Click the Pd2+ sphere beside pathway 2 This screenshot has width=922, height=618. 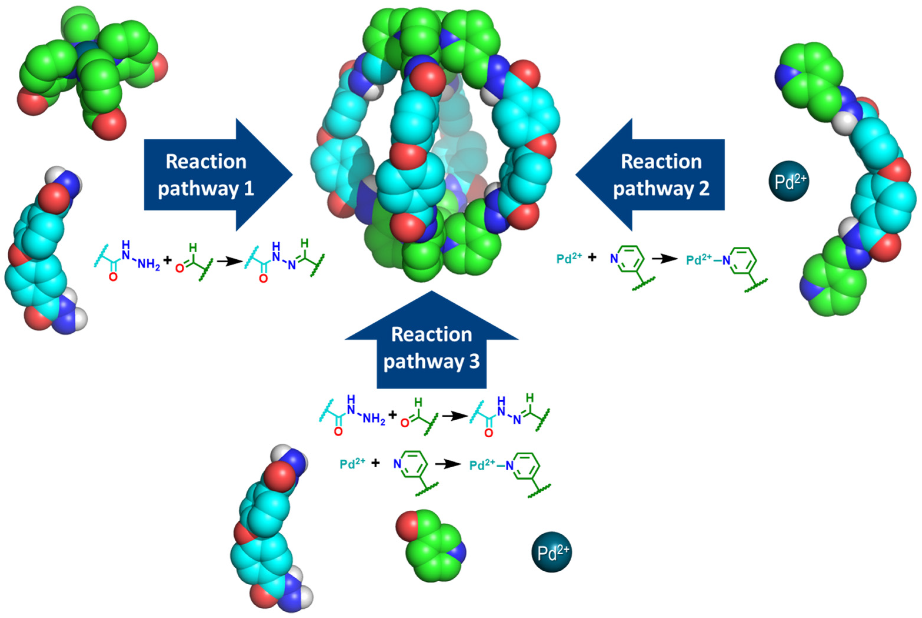click(x=789, y=181)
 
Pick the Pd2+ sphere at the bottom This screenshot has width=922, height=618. click(x=551, y=552)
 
